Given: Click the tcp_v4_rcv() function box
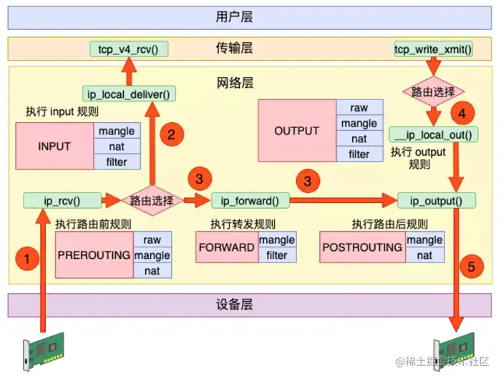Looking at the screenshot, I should coord(128,49).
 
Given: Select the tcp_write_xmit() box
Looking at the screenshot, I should coord(433,49).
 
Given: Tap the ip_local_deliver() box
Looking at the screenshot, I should coord(129,93).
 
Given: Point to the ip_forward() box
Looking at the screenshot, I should coord(250,200).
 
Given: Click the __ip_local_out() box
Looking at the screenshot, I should coord(432,134).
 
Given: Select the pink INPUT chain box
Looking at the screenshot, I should coord(54,147).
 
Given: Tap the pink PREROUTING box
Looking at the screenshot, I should coord(94,255).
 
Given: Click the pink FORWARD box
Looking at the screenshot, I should coord(227,247).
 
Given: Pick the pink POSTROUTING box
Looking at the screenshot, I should coord(363,247).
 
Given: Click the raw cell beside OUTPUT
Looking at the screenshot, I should coord(359,107).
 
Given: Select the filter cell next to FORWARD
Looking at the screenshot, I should coord(277,255).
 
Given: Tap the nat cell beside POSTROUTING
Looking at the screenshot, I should coord(425,255).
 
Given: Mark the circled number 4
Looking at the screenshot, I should coord(462,113).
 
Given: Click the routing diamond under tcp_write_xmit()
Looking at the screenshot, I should coord(433,92).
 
